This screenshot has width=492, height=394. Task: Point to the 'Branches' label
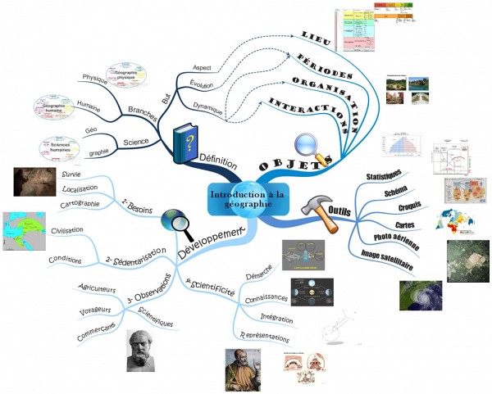point(143,110)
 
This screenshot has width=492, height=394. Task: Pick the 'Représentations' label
point(264,337)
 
